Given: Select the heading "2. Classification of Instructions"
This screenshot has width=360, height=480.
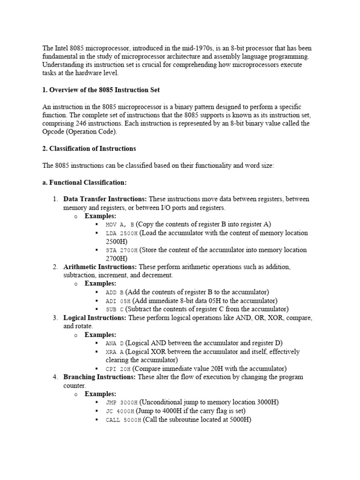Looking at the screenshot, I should (x=89, y=149).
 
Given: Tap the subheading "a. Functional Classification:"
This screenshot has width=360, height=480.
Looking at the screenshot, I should (x=84, y=182).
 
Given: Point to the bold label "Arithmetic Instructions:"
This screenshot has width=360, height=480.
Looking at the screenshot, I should (x=100, y=267).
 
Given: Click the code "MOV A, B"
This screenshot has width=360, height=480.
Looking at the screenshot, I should (x=120, y=225).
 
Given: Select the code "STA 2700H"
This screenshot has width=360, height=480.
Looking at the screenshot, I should (x=122, y=250).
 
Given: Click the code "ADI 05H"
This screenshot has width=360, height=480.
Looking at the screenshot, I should (x=118, y=301).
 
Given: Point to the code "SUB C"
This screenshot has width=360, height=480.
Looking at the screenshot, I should (x=115, y=309).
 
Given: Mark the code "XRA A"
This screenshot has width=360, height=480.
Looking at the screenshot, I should (x=115, y=352).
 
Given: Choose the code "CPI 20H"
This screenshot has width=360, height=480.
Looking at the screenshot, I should (x=118, y=369).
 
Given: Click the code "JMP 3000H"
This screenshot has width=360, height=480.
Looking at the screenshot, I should (x=122, y=403).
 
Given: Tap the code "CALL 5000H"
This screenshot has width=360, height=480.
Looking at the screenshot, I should (x=123, y=420).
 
